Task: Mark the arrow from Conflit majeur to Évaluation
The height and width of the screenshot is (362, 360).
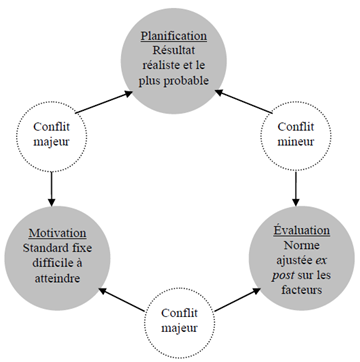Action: pos(239,295)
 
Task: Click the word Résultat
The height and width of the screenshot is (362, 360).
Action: pos(177,46)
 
